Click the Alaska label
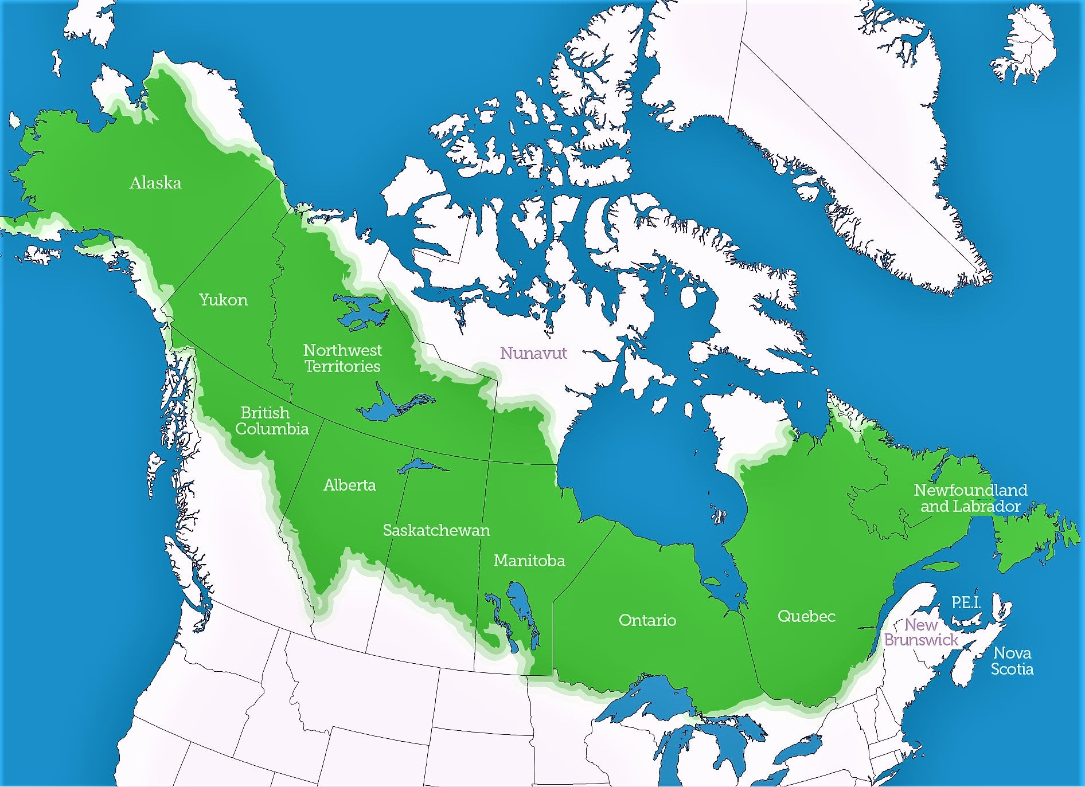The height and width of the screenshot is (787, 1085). [x=155, y=183]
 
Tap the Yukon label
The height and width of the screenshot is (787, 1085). [x=223, y=300]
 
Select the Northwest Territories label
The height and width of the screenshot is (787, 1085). [x=342, y=358]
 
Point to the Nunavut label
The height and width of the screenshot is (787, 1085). [x=533, y=353]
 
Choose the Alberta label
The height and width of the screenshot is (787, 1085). [x=349, y=485]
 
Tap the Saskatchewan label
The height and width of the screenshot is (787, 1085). [x=436, y=530]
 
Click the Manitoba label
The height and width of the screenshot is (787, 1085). [x=529, y=561]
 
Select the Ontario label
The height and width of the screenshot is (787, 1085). [x=647, y=620]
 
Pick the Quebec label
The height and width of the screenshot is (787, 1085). [x=806, y=616]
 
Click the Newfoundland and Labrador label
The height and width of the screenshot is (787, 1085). [x=970, y=498]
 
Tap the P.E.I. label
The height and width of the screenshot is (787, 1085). [x=966, y=602]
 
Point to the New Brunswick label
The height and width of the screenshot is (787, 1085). [x=921, y=632]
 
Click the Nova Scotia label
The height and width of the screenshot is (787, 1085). [x=1012, y=661]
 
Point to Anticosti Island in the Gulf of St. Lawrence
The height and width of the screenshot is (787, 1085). [x=940, y=566]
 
